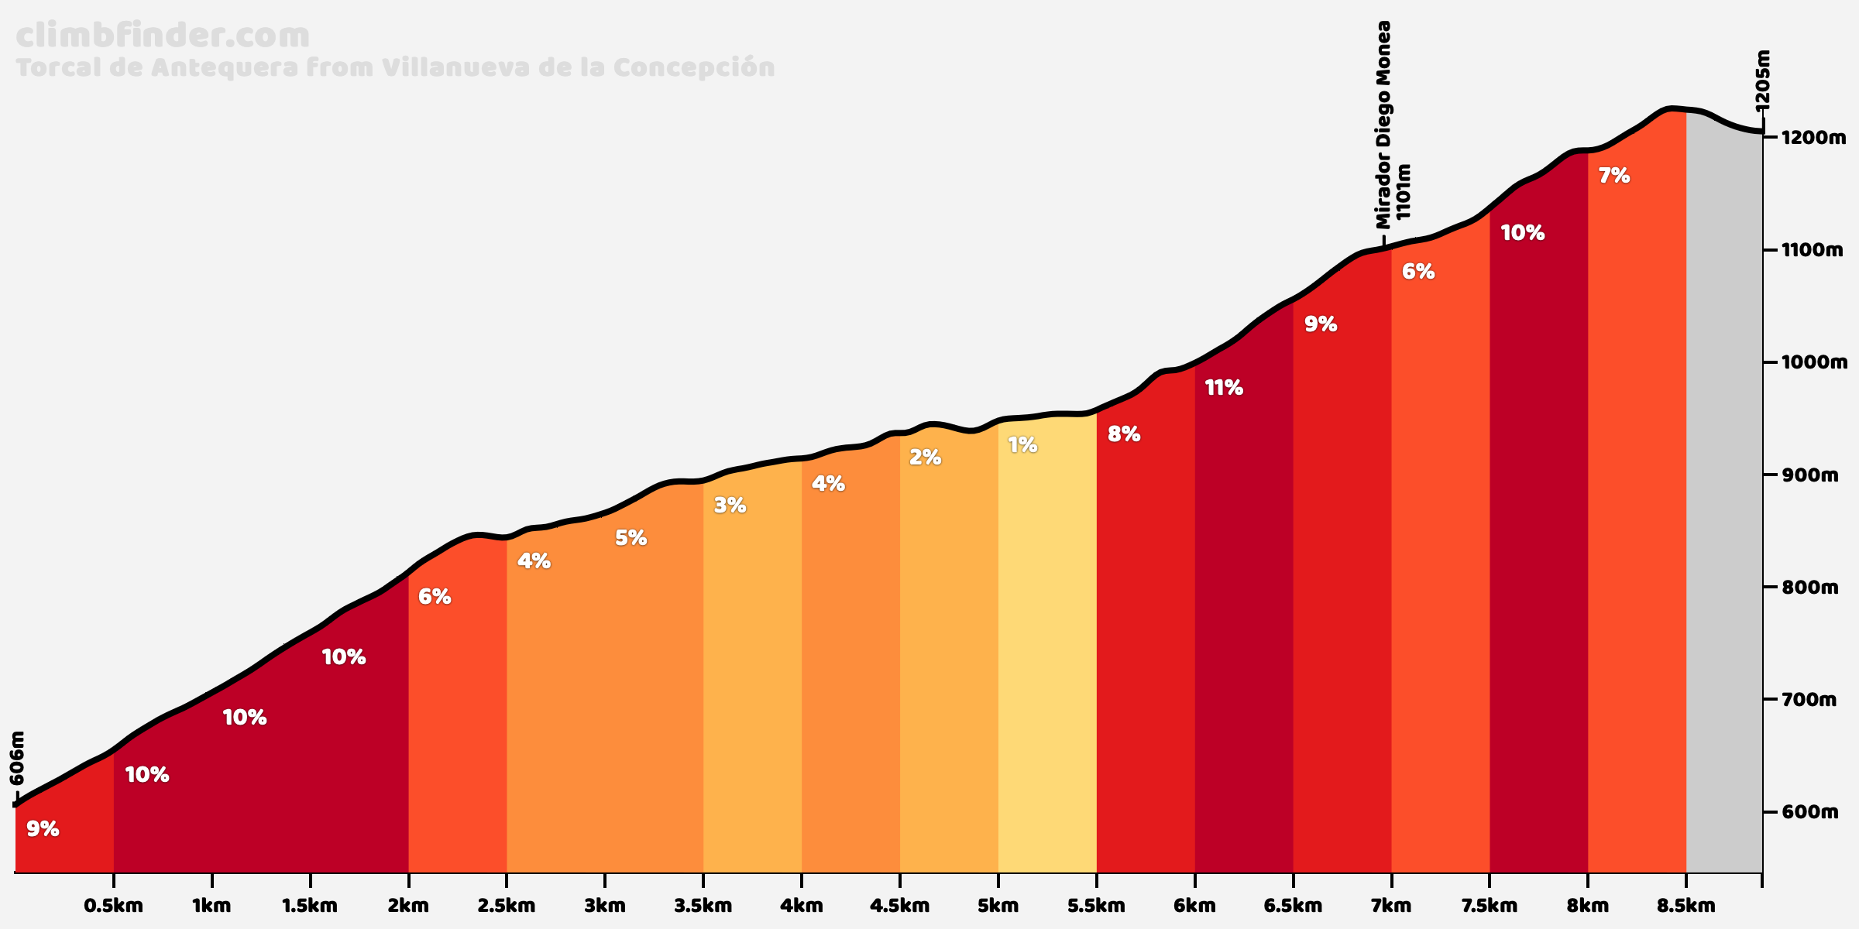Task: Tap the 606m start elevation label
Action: point(17,759)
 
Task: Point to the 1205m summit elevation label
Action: point(1762,81)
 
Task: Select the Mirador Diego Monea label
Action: point(1383,124)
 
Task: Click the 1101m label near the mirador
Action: point(1403,191)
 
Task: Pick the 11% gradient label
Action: point(1224,388)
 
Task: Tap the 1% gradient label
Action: point(1022,445)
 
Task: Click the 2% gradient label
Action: point(925,458)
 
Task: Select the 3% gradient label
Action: point(730,506)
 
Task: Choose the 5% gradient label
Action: point(631,538)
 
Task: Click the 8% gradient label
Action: point(1124,434)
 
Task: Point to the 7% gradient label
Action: point(1614,177)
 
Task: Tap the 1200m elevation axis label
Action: point(1813,138)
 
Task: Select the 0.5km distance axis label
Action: point(114,905)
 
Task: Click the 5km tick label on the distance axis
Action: point(998,905)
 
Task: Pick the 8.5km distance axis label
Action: point(1685,905)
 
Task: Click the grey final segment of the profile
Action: point(1724,503)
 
